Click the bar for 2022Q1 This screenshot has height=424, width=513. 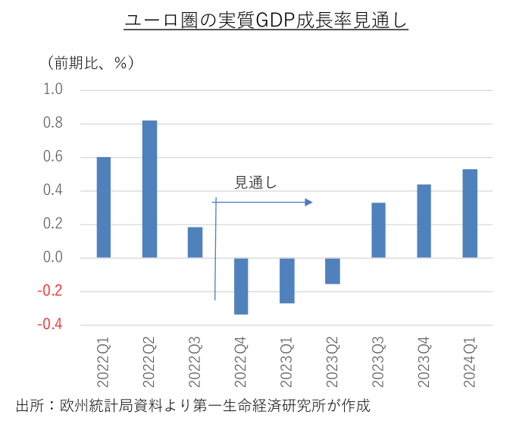click(104, 207)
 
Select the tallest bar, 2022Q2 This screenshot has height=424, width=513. click(149, 189)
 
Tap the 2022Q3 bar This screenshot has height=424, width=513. click(195, 242)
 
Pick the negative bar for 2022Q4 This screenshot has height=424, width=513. click(241, 286)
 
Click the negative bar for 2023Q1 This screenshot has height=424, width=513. click(286, 281)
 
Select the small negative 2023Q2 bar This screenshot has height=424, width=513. click(333, 271)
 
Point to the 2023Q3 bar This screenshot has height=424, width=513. click(378, 230)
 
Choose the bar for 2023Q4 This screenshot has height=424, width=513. click(424, 221)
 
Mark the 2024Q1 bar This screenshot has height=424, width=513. click(470, 213)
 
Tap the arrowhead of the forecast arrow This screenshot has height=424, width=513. click(308, 202)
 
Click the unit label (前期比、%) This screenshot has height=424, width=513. click(90, 62)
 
